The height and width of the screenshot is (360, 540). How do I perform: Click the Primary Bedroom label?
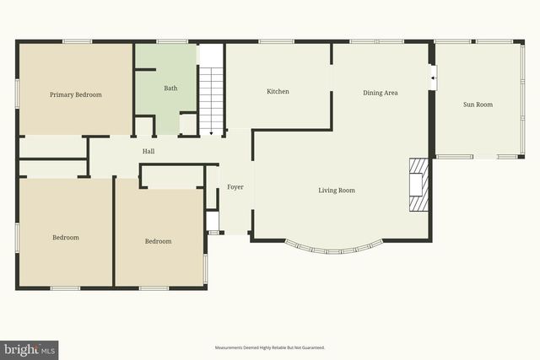(75, 94)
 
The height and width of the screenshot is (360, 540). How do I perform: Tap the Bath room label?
(170, 88)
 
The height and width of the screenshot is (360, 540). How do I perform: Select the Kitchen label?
(278, 91)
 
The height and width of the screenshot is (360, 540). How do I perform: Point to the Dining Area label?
(380, 93)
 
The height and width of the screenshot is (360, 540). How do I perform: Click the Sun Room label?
(478, 105)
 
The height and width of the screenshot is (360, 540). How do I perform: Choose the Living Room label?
(336, 191)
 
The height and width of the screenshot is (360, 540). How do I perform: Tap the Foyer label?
(235, 186)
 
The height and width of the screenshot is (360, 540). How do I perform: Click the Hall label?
(148, 151)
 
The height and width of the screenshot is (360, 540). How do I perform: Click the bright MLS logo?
(30, 349)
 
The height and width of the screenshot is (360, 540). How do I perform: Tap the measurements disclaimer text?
(269, 347)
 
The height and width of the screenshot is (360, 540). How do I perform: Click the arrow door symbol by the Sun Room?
(433, 78)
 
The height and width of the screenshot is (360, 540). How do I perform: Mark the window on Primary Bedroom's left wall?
(17, 91)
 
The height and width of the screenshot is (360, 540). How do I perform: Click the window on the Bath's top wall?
(171, 40)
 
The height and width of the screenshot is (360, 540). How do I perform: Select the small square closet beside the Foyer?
(213, 222)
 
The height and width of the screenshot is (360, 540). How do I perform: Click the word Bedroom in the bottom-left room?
(66, 238)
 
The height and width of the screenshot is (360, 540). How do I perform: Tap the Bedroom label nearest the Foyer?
(158, 241)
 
